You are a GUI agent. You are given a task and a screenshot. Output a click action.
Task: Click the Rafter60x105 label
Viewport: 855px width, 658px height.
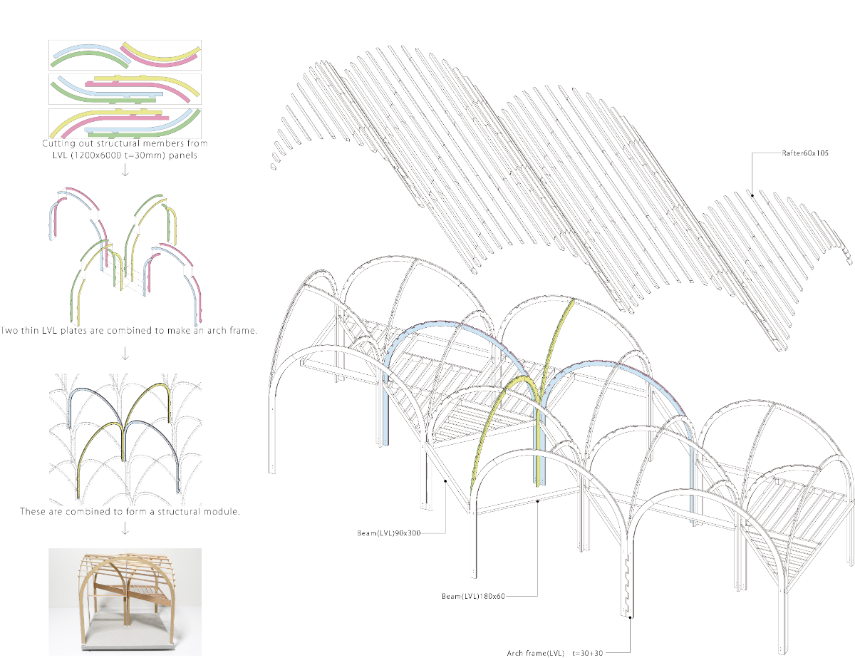tap(805, 153)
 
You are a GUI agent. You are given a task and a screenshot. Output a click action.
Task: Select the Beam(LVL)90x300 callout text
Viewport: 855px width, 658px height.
tap(389, 533)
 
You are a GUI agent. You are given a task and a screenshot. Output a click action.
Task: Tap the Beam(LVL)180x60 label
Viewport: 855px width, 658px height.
tap(473, 596)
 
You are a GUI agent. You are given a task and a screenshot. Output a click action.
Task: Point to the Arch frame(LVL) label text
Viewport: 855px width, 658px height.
tap(535, 653)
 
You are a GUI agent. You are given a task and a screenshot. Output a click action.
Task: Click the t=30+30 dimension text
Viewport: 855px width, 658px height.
tap(587, 653)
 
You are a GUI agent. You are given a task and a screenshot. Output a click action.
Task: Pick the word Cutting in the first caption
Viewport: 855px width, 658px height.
tap(58, 143)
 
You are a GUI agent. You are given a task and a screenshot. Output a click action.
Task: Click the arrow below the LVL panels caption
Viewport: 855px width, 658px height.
tap(125, 170)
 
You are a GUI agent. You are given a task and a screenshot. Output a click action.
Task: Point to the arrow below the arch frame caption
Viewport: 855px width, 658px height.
tap(125, 354)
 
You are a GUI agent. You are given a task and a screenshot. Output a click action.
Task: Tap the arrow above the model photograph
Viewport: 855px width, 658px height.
tap(125, 528)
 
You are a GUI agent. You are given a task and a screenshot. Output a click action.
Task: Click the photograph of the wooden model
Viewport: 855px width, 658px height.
tap(125, 602)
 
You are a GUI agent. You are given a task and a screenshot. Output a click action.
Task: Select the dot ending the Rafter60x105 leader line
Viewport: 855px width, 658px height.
tap(752, 195)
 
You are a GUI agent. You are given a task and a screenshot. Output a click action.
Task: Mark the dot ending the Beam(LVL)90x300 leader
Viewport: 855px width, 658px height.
tap(445, 480)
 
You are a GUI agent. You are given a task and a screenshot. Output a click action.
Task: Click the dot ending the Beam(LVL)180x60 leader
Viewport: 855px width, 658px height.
tap(537, 501)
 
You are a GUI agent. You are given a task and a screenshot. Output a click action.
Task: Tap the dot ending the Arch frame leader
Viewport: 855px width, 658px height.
tap(630, 617)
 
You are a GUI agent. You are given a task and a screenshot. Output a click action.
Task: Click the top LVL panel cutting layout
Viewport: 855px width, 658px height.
tap(125, 55)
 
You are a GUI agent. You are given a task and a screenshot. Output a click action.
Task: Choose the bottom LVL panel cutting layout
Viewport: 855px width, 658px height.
tap(125, 123)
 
